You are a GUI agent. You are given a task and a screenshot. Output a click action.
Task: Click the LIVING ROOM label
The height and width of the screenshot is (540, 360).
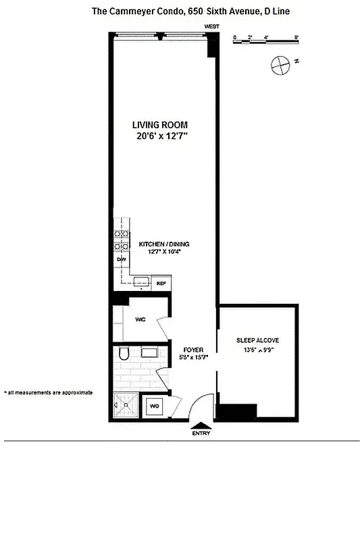tap(159, 125)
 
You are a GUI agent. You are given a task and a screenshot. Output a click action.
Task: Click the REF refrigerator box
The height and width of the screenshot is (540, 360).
tap(161, 283)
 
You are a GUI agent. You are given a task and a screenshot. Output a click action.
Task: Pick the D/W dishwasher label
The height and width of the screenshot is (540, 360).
tap(122, 259)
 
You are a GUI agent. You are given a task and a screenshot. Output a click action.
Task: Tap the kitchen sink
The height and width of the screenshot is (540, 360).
tap(140, 282)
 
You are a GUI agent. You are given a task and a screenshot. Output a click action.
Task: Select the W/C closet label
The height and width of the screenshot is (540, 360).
tap(141, 319)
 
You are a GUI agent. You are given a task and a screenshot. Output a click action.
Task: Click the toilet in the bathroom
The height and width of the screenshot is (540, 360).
tap(124, 354)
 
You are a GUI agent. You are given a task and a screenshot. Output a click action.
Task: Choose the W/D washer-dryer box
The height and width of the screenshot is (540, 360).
tap(154, 406)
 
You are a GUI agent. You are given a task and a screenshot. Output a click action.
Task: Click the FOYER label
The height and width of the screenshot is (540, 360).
tap(193, 350)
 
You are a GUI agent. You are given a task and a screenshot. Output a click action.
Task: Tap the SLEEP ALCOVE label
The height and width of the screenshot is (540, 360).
tap(257, 340)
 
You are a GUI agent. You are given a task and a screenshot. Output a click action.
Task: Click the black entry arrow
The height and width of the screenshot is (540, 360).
tap(201, 425)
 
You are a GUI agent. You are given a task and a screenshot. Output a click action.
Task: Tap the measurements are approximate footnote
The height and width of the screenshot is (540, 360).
tap(48, 392)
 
